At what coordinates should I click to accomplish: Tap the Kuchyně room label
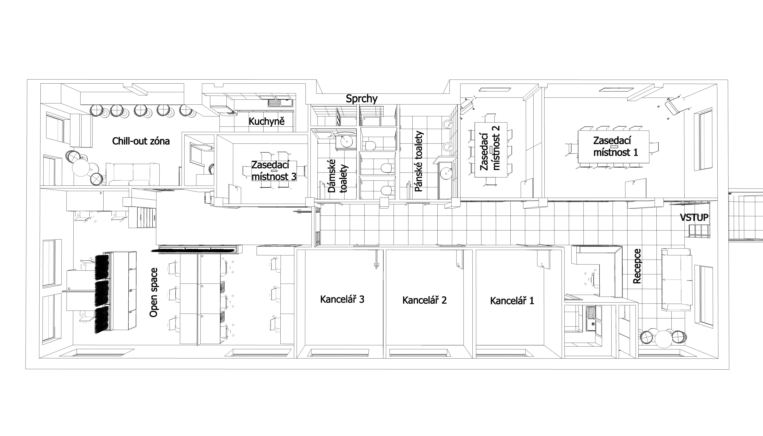[x=266, y=121]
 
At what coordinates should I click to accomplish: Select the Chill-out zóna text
[x=141, y=141]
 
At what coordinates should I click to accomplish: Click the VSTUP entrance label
[x=694, y=217]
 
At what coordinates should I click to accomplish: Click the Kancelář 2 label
[x=424, y=300]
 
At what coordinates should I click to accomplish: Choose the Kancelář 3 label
[x=342, y=299]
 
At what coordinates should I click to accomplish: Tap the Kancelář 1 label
[x=512, y=301]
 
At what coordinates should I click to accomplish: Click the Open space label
[x=154, y=293]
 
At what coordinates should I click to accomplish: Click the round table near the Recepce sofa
[x=663, y=338]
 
